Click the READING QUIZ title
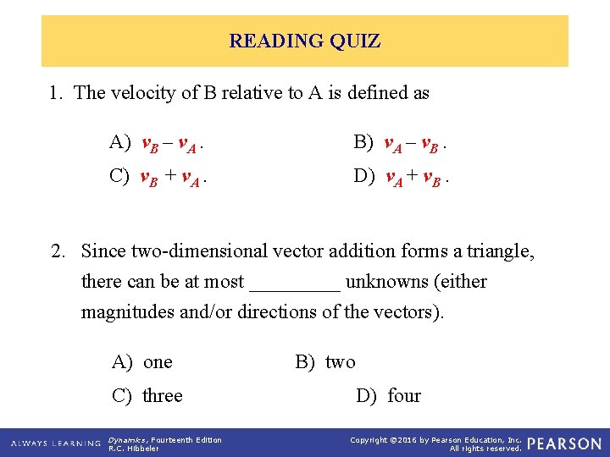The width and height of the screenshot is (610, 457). pos(304,41)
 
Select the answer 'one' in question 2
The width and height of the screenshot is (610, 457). pos(143,362)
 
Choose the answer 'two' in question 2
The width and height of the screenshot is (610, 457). pos(326,362)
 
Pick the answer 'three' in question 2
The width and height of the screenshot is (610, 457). pos(148,396)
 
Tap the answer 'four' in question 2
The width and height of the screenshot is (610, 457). pos(389,396)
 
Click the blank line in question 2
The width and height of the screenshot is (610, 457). pos(295,283)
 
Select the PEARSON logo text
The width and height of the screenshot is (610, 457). pos(563,443)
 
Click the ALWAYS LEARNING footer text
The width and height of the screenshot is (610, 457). pos(55,443)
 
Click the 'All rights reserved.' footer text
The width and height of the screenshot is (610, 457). pos(485,449)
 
